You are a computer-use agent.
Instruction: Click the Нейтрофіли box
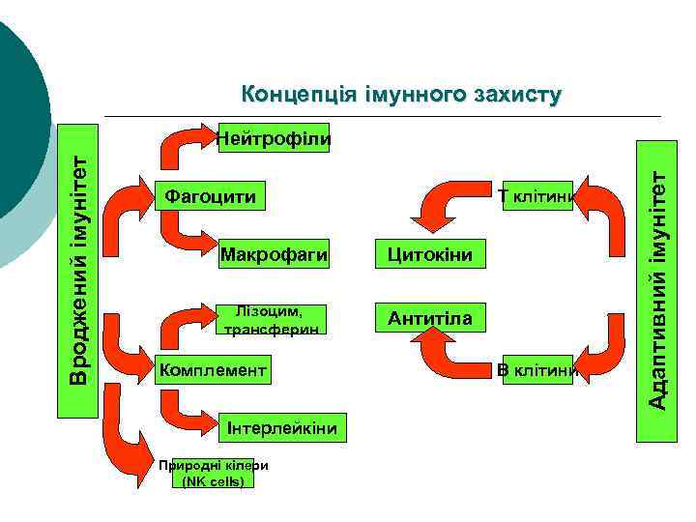pyautogui.click(x=274, y=137)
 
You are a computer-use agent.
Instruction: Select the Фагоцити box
pyautogui.click(x=211, y=197)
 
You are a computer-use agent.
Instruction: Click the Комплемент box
pyautogui.click(x=210, y=370)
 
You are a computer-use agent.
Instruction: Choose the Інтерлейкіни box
pyautogui.click(x=280, y=427)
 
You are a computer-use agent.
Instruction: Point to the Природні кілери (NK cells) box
pyautogui.click(x=213, y=472)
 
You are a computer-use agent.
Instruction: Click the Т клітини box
pyautogui.click(x=537, y=197)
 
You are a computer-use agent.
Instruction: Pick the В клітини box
pyautogui.click(x=537, y=370)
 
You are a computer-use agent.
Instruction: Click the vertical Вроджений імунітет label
pyautogui.click(x=77, y=271)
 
